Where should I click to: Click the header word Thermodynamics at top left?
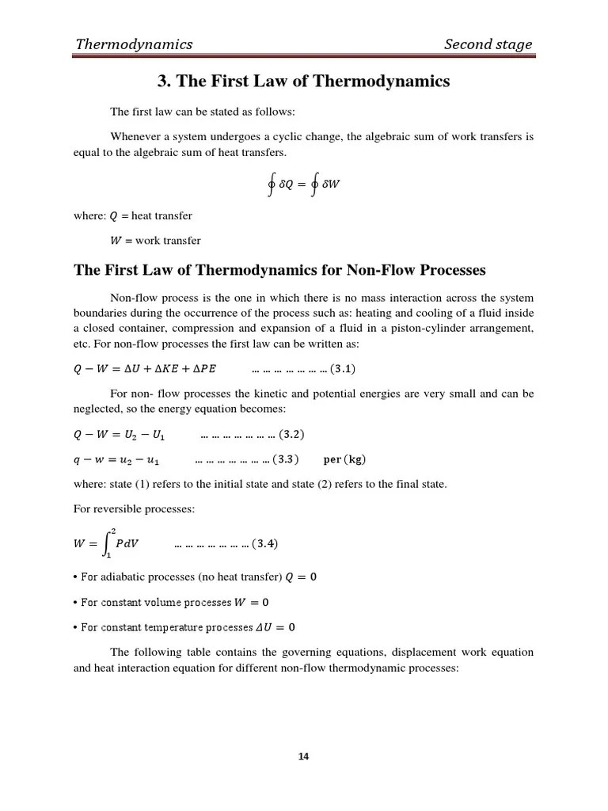click(133, 44)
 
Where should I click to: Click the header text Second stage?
click(488, 44)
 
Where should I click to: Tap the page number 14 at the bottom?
click(304, 756)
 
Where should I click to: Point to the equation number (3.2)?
click(291, 435)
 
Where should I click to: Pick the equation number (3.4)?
click(264, 543)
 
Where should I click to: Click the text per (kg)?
click(345, 459)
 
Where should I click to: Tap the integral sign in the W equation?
click(108, 543)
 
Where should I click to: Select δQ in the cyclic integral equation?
click(286, 185)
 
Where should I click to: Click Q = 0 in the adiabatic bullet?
click(301, 577)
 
